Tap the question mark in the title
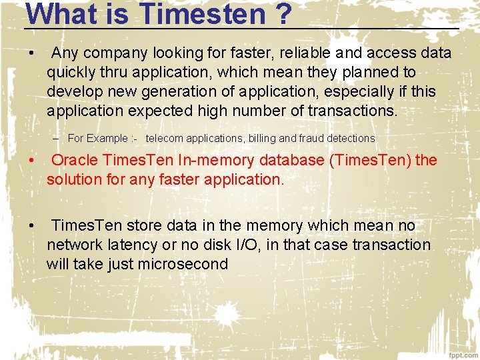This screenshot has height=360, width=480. point(281,13)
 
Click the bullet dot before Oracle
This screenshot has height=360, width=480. point(31,161)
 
